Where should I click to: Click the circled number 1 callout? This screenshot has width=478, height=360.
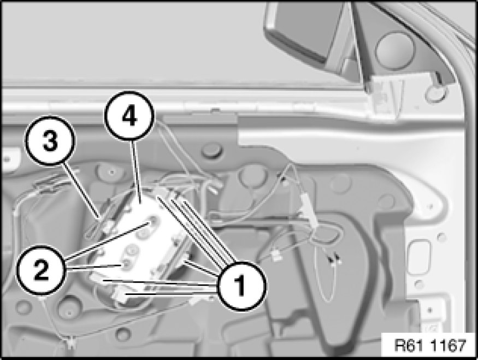[x=241, y=286]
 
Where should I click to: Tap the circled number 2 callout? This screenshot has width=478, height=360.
[x=41, y=270]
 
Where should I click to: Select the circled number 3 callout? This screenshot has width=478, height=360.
[x=50, y=140]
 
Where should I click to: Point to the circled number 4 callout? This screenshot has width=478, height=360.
[x=129, y=116]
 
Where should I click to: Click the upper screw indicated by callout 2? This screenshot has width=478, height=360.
[x=152, y=222]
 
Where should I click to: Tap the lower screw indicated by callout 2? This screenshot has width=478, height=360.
[x=126, y=264]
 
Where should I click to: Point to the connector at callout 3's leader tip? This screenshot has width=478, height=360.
[x=106, y=225]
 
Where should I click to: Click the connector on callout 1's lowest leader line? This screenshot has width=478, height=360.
[x=121, y=295]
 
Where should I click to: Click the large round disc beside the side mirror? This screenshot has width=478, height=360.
[x=394, y=51]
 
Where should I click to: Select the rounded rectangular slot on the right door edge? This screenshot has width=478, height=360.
[x=420, y=258]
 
